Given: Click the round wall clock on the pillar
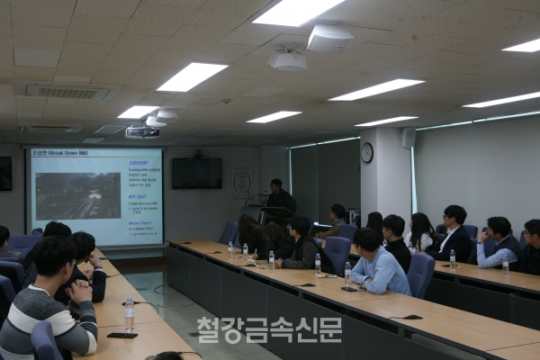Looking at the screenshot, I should [367, 153].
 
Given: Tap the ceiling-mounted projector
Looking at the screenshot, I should [142, 132].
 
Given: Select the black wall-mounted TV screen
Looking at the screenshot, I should [197, 173].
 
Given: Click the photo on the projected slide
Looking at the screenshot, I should [77, 195].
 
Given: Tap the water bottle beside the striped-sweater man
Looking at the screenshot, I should [130, 313].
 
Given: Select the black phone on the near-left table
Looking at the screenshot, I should [121, 336].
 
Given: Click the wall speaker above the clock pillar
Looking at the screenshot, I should [408, 137].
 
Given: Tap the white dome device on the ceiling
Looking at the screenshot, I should [288, 60].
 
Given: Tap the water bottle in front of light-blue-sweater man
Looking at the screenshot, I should [348, 274].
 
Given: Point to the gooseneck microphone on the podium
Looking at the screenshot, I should [262, 194].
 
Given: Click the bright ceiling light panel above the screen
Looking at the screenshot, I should [193, 76].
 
